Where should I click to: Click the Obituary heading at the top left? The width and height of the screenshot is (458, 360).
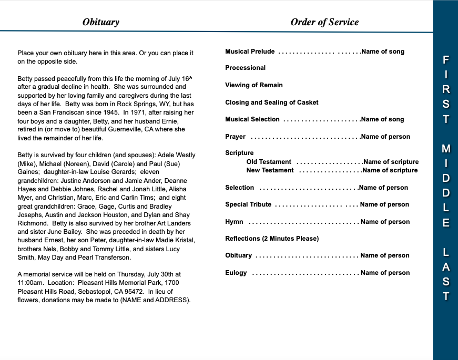(x=101, y=22)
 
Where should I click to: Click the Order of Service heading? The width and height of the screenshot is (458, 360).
(x=324, y=22)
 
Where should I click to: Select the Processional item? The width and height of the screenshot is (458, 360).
(x=245, y=68)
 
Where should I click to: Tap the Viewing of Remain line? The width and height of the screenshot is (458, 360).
(x=253, y=85)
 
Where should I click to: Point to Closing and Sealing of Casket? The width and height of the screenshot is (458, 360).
(x=271, y=102)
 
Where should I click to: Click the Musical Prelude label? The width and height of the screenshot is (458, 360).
(x=250, y=52)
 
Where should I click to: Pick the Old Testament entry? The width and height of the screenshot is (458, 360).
(x=268, y=162)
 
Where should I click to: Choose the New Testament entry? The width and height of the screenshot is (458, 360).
(x=270, y=170)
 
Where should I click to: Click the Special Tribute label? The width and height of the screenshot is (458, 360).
(x=248, y=204)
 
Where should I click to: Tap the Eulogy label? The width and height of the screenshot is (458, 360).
(x=236, y=273)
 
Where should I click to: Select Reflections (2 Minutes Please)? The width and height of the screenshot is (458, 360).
(x=272, y=239)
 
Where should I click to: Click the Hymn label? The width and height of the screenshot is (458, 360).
(x=234, y=222)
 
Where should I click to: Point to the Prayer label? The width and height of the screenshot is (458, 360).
(x=235, y=137)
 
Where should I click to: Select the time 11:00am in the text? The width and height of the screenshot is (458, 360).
(x=29, y=283)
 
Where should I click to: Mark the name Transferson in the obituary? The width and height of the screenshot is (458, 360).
(x=111, y=258)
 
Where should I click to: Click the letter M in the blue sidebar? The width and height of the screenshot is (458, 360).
(x=445, y=149)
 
